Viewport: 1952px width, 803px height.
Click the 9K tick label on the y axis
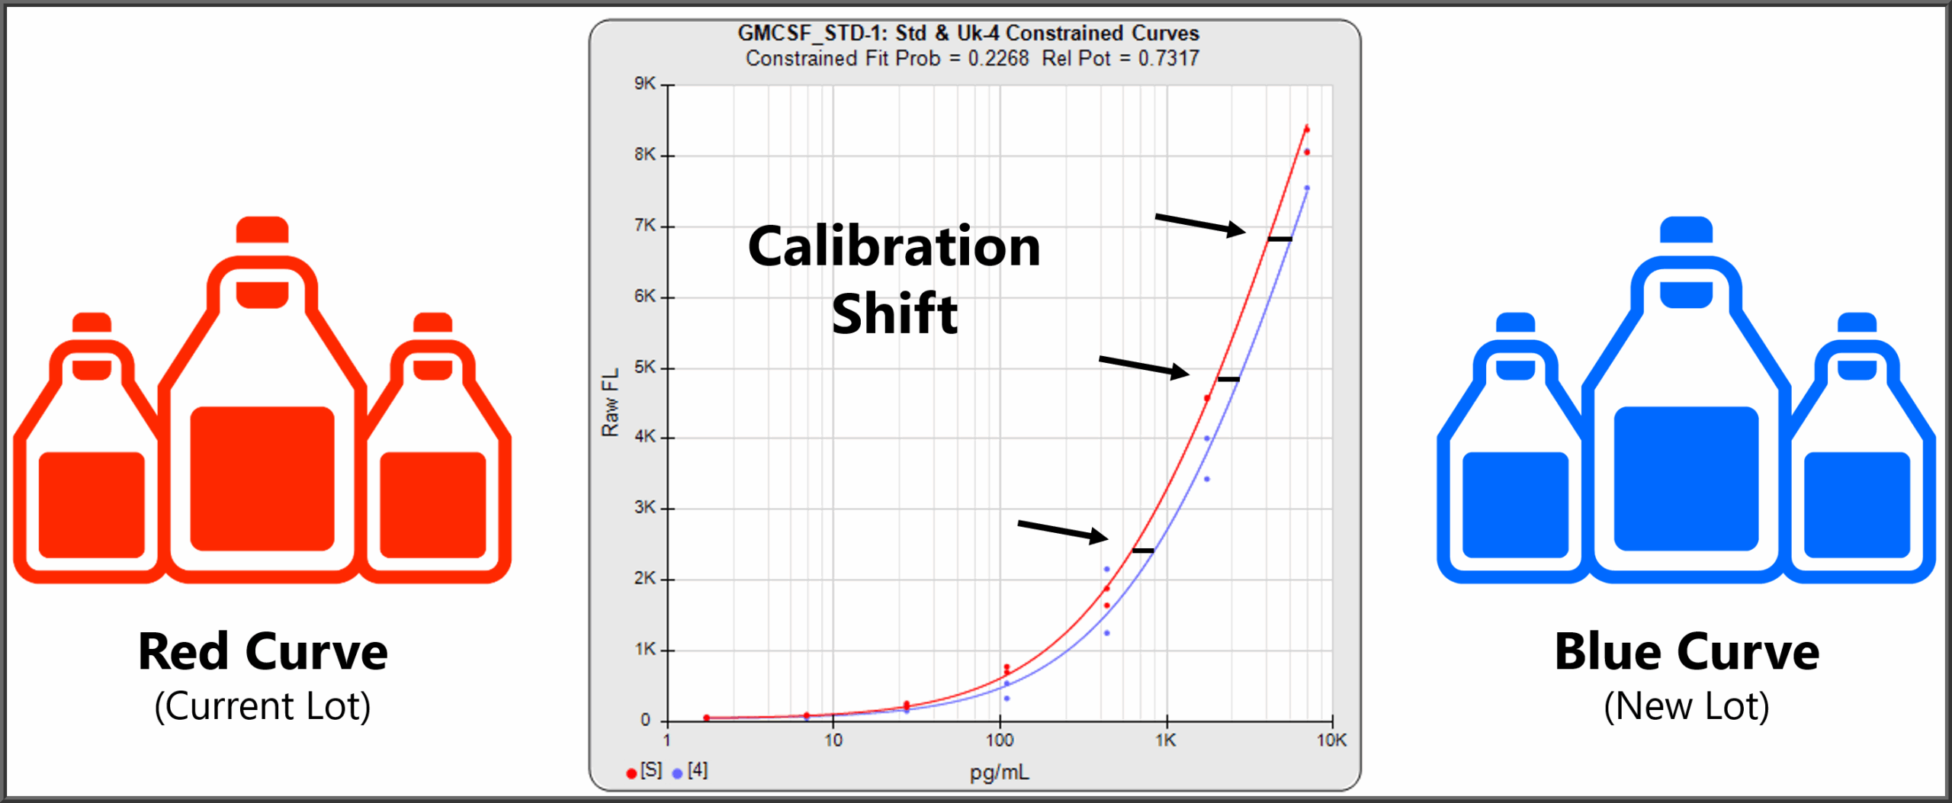[644, 83]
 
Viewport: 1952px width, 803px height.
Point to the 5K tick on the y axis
[644, 367]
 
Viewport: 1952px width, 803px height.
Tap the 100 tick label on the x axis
[999, 740]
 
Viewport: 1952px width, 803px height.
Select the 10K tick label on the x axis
[1331, 740]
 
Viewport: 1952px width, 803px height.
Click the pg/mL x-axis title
[999, 772]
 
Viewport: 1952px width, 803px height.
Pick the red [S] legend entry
[644, 771]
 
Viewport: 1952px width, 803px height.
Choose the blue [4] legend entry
[690, 771]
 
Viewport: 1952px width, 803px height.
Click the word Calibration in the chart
[894, 247]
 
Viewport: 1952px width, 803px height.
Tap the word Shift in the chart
[894, 313]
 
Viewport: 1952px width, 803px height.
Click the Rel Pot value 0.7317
[1168, 59]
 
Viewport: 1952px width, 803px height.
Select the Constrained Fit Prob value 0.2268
[998, 59]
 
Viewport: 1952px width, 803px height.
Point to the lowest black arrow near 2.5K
[1062, 531]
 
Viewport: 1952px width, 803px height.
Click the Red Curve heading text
[262, 652]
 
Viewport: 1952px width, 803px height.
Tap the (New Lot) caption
[1687, 706]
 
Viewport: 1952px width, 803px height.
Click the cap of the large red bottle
[262, 230]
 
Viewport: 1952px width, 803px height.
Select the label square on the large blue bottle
[1686, 478]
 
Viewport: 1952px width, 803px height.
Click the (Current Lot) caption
[262, 706]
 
